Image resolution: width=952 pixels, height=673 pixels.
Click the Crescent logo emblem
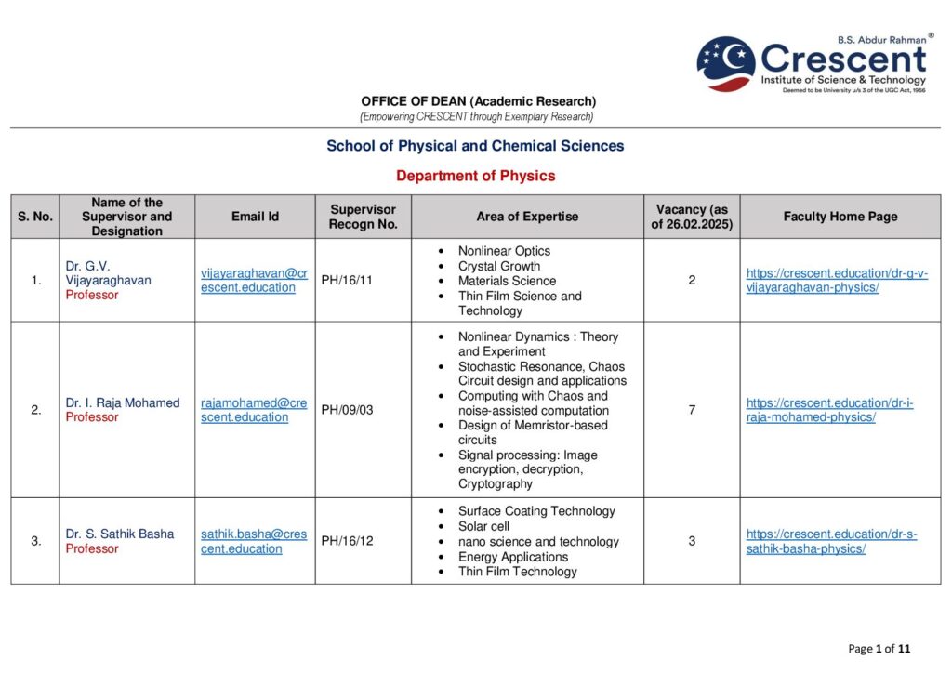(x=726, y=62)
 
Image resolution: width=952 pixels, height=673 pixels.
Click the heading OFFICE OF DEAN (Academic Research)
(x=478, y=101)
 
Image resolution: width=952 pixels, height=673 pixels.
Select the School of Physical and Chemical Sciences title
(x=475, y=146)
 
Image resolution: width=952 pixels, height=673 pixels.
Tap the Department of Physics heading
(x=475, y=176)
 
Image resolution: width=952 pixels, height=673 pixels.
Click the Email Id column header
(x=255, y=217)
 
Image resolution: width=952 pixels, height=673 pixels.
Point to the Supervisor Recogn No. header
(x=363, y=217)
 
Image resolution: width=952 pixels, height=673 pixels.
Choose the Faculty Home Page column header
(x=840, y=217)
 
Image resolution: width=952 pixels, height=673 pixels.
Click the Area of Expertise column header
(x=527, y=217)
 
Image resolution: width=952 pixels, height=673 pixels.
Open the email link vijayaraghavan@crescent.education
(x=254, y=280)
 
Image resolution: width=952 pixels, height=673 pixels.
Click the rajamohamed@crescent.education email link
(x=254, y=410)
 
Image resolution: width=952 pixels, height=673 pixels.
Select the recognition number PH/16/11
(x=347, y=280)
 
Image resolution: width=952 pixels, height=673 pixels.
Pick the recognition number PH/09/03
(x=347, y=410)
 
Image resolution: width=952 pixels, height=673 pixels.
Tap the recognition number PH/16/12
(x=347, y=541)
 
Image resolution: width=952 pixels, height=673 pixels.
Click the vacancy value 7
(x=692, y=410)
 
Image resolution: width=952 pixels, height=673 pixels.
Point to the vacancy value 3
(x=692, y=541)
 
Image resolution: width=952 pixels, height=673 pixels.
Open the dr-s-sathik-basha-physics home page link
(x=831, y=541)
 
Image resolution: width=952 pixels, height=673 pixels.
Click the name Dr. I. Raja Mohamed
(x=123, y=402)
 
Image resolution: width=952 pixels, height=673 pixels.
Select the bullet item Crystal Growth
(x=498, y=266)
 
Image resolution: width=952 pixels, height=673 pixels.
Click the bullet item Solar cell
(x=483, y=526)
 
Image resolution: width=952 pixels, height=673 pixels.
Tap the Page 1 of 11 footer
(x=879, y=648)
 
